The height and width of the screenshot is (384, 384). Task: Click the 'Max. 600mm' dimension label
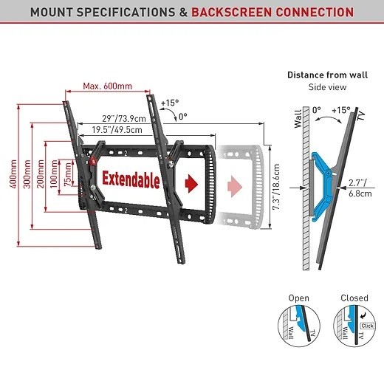click(x=108, y=86)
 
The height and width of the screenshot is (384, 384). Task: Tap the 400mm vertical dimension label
click(x=13, y=174)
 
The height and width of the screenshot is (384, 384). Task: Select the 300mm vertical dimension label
click(x=27, y=174)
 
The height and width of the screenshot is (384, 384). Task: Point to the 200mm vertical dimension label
click(x=41, y=174)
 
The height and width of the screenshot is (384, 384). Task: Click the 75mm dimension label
click(x=67, y=174)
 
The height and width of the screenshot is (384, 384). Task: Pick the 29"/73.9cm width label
click(x=124, y=119)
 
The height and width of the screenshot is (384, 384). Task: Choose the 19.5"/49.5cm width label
click(x=117, y=130)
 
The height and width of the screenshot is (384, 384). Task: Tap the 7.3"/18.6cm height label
click(x=276, y=187)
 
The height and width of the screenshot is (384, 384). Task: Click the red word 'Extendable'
click(x=131, y=179)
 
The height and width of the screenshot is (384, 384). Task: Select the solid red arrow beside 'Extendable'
click(x=191, y=184)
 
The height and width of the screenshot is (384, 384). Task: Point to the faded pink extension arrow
click(x=235, y=186)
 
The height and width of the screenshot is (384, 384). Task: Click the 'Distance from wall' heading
click(x=328, y=75)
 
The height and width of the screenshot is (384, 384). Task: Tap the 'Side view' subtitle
click(x=328, y=87)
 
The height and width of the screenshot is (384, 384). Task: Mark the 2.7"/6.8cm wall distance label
click(x=360, y=188)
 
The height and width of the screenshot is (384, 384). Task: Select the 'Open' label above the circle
click(x=299, y=298)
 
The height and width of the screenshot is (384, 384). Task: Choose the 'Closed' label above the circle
click(x=354, y=298)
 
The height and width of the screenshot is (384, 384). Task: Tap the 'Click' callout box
click(x=367, y=326)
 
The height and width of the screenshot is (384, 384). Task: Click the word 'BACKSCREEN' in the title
click(x=232, y=12)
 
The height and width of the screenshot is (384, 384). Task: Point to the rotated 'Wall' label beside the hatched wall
click(x=298, y=119)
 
